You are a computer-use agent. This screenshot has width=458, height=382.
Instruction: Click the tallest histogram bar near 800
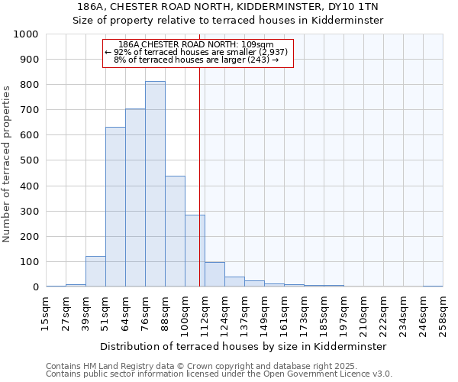tap(155, 183)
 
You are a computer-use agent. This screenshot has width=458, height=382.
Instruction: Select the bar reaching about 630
tap(115, 206)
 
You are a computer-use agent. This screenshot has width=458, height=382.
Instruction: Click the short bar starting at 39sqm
tap(95, 271)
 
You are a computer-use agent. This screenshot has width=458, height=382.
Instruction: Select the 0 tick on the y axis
tap(35, 287)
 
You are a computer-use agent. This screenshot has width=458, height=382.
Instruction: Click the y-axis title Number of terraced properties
tap(8, 163)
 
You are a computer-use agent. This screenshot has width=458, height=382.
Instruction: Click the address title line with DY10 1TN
tap(228, 7)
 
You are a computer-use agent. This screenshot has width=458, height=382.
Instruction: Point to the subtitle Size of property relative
tap(228, 21)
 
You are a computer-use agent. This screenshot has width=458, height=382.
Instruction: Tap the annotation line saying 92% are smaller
tap(196, 52)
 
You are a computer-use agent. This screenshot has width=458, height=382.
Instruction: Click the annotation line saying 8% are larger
tap(196, 60)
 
